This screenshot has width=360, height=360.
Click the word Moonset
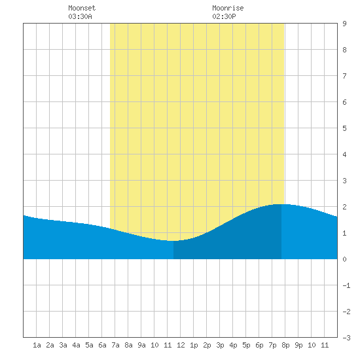tap(82, 8)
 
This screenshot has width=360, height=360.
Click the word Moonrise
tap(228, 8)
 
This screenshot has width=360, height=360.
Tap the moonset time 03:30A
tap(80, 16)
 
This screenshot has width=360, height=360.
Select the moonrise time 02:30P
tap(224, 16)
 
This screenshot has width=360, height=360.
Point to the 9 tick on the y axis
tap(344, 24)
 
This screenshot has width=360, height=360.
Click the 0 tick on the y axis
tap(344, 259)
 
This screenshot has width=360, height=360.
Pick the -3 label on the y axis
tap(346, 338)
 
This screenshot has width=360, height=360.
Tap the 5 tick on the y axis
tap(344, 128)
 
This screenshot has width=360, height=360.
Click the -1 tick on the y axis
tap(346, 285)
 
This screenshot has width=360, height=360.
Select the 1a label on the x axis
tap(37, 345)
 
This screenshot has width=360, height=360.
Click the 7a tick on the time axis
tap(115, 345)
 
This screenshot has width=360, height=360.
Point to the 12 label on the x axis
tap(181, 345)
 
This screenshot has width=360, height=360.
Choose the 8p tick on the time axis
tap(285, 345)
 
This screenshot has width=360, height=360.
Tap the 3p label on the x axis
tap(220, 345)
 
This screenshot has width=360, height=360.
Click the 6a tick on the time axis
tap(102, 345)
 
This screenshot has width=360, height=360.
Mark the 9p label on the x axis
tap(298, 345)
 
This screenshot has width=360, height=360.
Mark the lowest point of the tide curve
tap(171, 241)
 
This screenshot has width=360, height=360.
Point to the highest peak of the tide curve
tap(281, 204)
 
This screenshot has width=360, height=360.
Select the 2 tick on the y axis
tap(344, 207)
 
